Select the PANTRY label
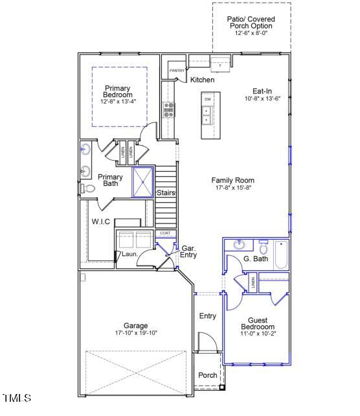176,70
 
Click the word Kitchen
202,80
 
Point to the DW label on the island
208,99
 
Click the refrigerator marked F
219,64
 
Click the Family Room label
232,180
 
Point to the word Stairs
166,192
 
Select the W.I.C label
100,222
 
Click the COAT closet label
164,233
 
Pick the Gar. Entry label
189,251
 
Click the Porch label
207,375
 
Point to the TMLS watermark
17,398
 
